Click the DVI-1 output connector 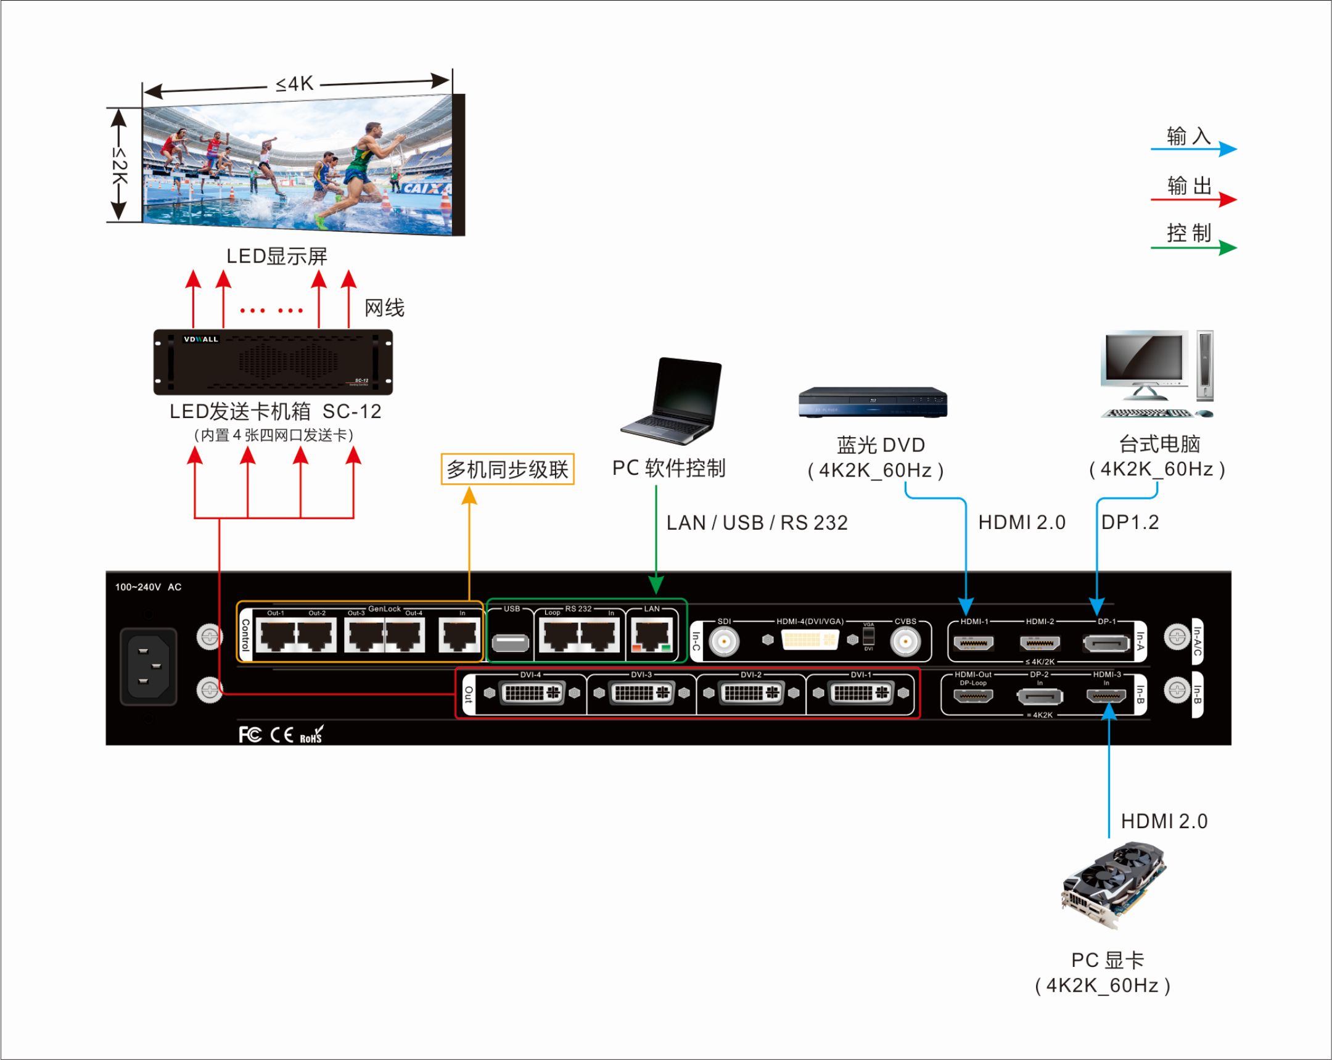(860, 692)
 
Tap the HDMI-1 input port (973, 643)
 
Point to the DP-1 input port (1106, 644)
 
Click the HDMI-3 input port (1106, 696)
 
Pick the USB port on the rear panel (511, 643)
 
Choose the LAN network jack (651, 637)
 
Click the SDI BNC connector (723, 641)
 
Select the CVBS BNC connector (905, 641)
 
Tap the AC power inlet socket (148, 666)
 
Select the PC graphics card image (1112, 883)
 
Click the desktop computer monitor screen (1143, 357)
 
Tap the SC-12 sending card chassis (273, 362)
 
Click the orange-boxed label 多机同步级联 (508, 469)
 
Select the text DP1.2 (1129, 522)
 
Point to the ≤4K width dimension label (295, 84)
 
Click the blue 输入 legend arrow (1194, 149)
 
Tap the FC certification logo (250, 734)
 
